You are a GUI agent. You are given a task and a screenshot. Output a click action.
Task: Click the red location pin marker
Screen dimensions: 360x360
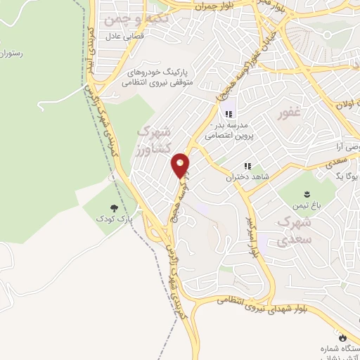pos(181,165)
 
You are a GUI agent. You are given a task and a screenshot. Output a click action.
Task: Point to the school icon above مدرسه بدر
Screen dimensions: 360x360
pos(228,113)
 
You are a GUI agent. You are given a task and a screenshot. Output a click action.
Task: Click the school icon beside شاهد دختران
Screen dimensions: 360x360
pos(247,165)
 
